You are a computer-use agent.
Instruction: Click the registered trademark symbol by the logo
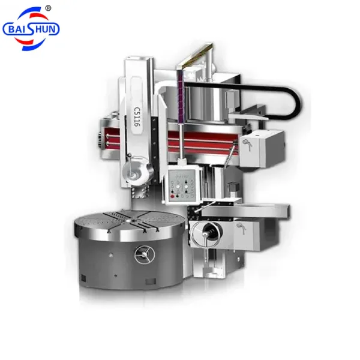click(49, 8)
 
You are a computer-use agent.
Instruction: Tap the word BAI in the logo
click(17, 29)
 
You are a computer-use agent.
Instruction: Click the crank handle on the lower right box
click(241, 226)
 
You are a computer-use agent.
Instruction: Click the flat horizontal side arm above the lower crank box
click(246, 209)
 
